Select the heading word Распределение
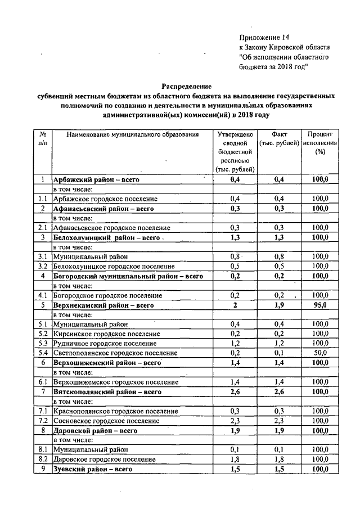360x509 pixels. point(187,87)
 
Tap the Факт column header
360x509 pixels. point(279,135)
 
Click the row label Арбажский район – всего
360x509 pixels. point(96,179)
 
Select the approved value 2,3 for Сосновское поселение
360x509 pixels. point(235,421)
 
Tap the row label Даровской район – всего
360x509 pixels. point(95,430)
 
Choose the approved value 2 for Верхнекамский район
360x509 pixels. point(235,305)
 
